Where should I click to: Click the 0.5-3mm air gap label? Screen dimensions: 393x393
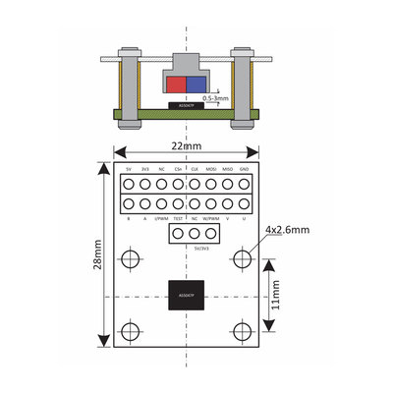coord(215,98)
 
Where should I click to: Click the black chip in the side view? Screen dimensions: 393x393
coord(186,105)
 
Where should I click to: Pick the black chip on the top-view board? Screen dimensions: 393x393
coord(186,295)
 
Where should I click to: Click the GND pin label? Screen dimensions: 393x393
coord(245,168)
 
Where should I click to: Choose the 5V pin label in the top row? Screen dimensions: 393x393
coord(128,168)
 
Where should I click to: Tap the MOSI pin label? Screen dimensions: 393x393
coord(211,168)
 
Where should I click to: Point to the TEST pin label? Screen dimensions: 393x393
coord(178,219)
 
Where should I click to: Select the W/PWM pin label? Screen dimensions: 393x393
coord(211,219)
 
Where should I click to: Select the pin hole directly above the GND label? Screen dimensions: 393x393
coord(245,184)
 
